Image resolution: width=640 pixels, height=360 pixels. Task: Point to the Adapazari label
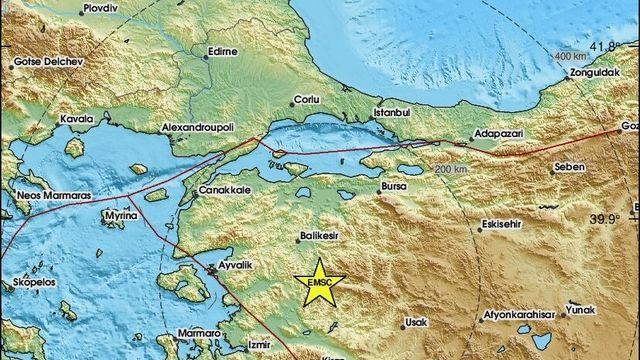[496, 133]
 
